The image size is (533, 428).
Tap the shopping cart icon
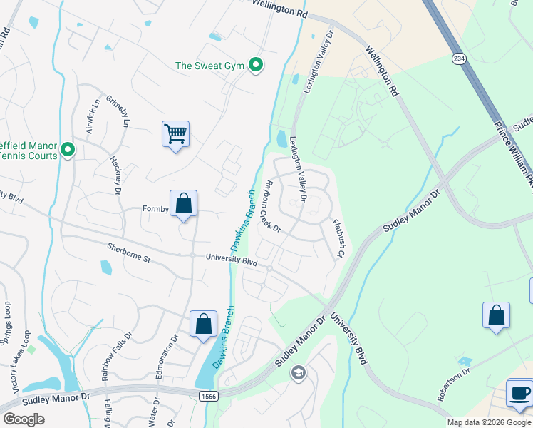(175, 133)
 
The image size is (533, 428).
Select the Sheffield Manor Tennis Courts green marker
(68, 149)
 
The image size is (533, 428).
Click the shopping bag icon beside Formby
(183, 203)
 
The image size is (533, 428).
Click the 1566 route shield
(207, 394)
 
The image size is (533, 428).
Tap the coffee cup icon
(519, 393)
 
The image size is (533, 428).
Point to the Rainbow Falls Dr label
(118, 354)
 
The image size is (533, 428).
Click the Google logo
(24, 419)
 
